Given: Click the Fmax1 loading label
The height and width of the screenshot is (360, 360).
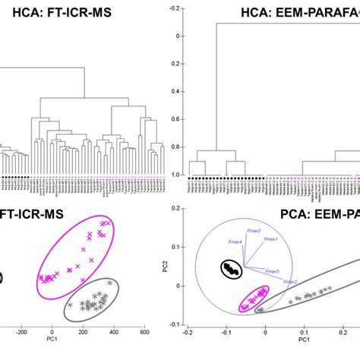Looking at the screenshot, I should [271, 239].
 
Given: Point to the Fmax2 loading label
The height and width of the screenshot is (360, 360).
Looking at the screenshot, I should [290, 282].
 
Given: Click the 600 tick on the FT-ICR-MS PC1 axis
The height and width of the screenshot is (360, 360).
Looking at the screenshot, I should [144, 332].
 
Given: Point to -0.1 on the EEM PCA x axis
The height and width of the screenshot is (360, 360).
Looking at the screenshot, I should [225, 332].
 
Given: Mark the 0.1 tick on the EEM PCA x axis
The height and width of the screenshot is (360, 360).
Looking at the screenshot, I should [304, 332].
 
